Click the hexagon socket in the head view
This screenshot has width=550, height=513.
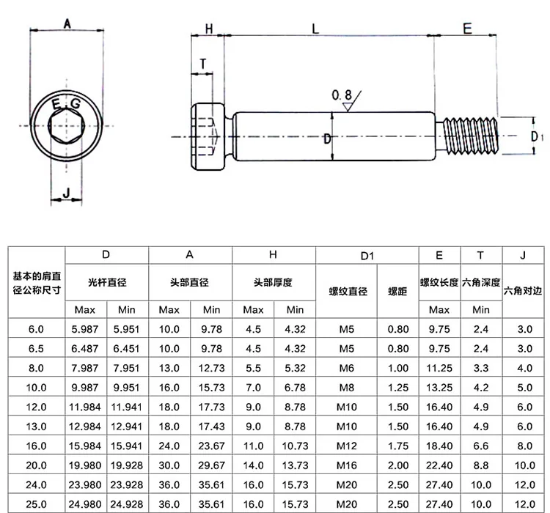[x=67, y=125]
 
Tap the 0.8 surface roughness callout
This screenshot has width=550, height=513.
[x=341, y=95]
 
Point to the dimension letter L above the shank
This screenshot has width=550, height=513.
[x=315, y=29]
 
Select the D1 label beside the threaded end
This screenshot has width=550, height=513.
[x=536, y=136]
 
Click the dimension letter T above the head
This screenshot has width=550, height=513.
[x=202, y=64]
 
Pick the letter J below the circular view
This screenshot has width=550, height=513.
[x=66, y=192]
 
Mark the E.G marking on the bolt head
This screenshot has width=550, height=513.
[x=66, y=104]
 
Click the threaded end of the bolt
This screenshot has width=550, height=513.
[x=471, y=136]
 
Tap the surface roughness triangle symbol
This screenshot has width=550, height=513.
[x=348, y=106]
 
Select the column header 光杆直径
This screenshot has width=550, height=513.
[x=107, y=283]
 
